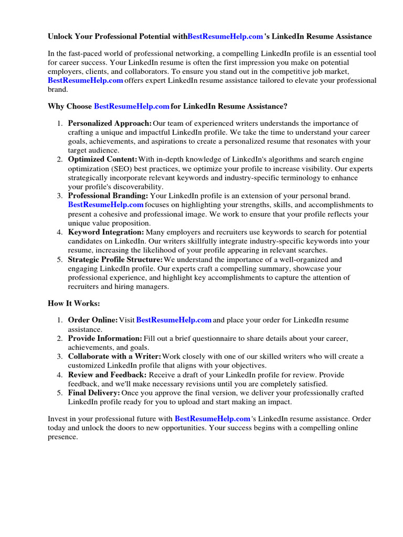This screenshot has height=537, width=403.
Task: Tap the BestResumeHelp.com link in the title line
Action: [225, 37]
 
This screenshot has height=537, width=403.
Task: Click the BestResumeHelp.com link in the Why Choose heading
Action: [131, 106]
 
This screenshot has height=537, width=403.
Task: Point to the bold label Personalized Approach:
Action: [110, 123]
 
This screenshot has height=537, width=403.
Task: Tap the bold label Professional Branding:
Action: [108, 196]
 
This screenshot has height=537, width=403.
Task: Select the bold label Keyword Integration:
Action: [106, 232]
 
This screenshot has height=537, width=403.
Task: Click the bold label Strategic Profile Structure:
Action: [115, 259]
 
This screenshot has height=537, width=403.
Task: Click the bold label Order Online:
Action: [93, 320]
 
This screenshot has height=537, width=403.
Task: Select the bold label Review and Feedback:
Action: [108, 374]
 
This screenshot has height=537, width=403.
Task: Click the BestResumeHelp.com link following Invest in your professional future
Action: [212, 419]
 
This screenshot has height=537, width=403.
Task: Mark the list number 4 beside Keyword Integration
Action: [59, 232]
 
